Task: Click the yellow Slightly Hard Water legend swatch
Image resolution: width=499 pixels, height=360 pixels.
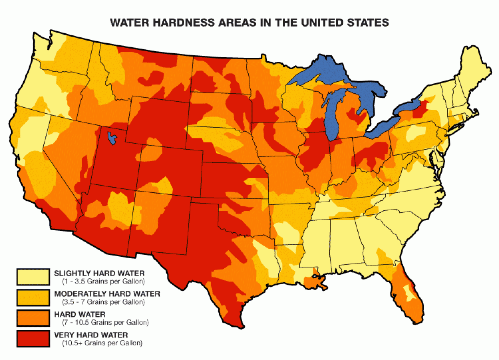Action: pyautogui.click(x=33, y=277)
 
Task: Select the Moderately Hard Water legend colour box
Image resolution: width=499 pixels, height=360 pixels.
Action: pyautogui.click(x=33, y=297)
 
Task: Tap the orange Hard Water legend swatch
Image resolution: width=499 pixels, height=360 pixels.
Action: pyautogui.click(x=33, y=318)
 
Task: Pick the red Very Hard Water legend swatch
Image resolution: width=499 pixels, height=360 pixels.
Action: pyautogui.click(x=33, y=338)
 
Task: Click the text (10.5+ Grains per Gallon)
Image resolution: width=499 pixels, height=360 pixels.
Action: pyautogui.click(x=102, y=343)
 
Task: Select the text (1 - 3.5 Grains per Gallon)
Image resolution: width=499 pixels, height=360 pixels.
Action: pyautogui.click(x=103, y=281)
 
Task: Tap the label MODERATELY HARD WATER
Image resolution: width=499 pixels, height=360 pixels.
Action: pyautogui.click(x=107, y=294)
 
